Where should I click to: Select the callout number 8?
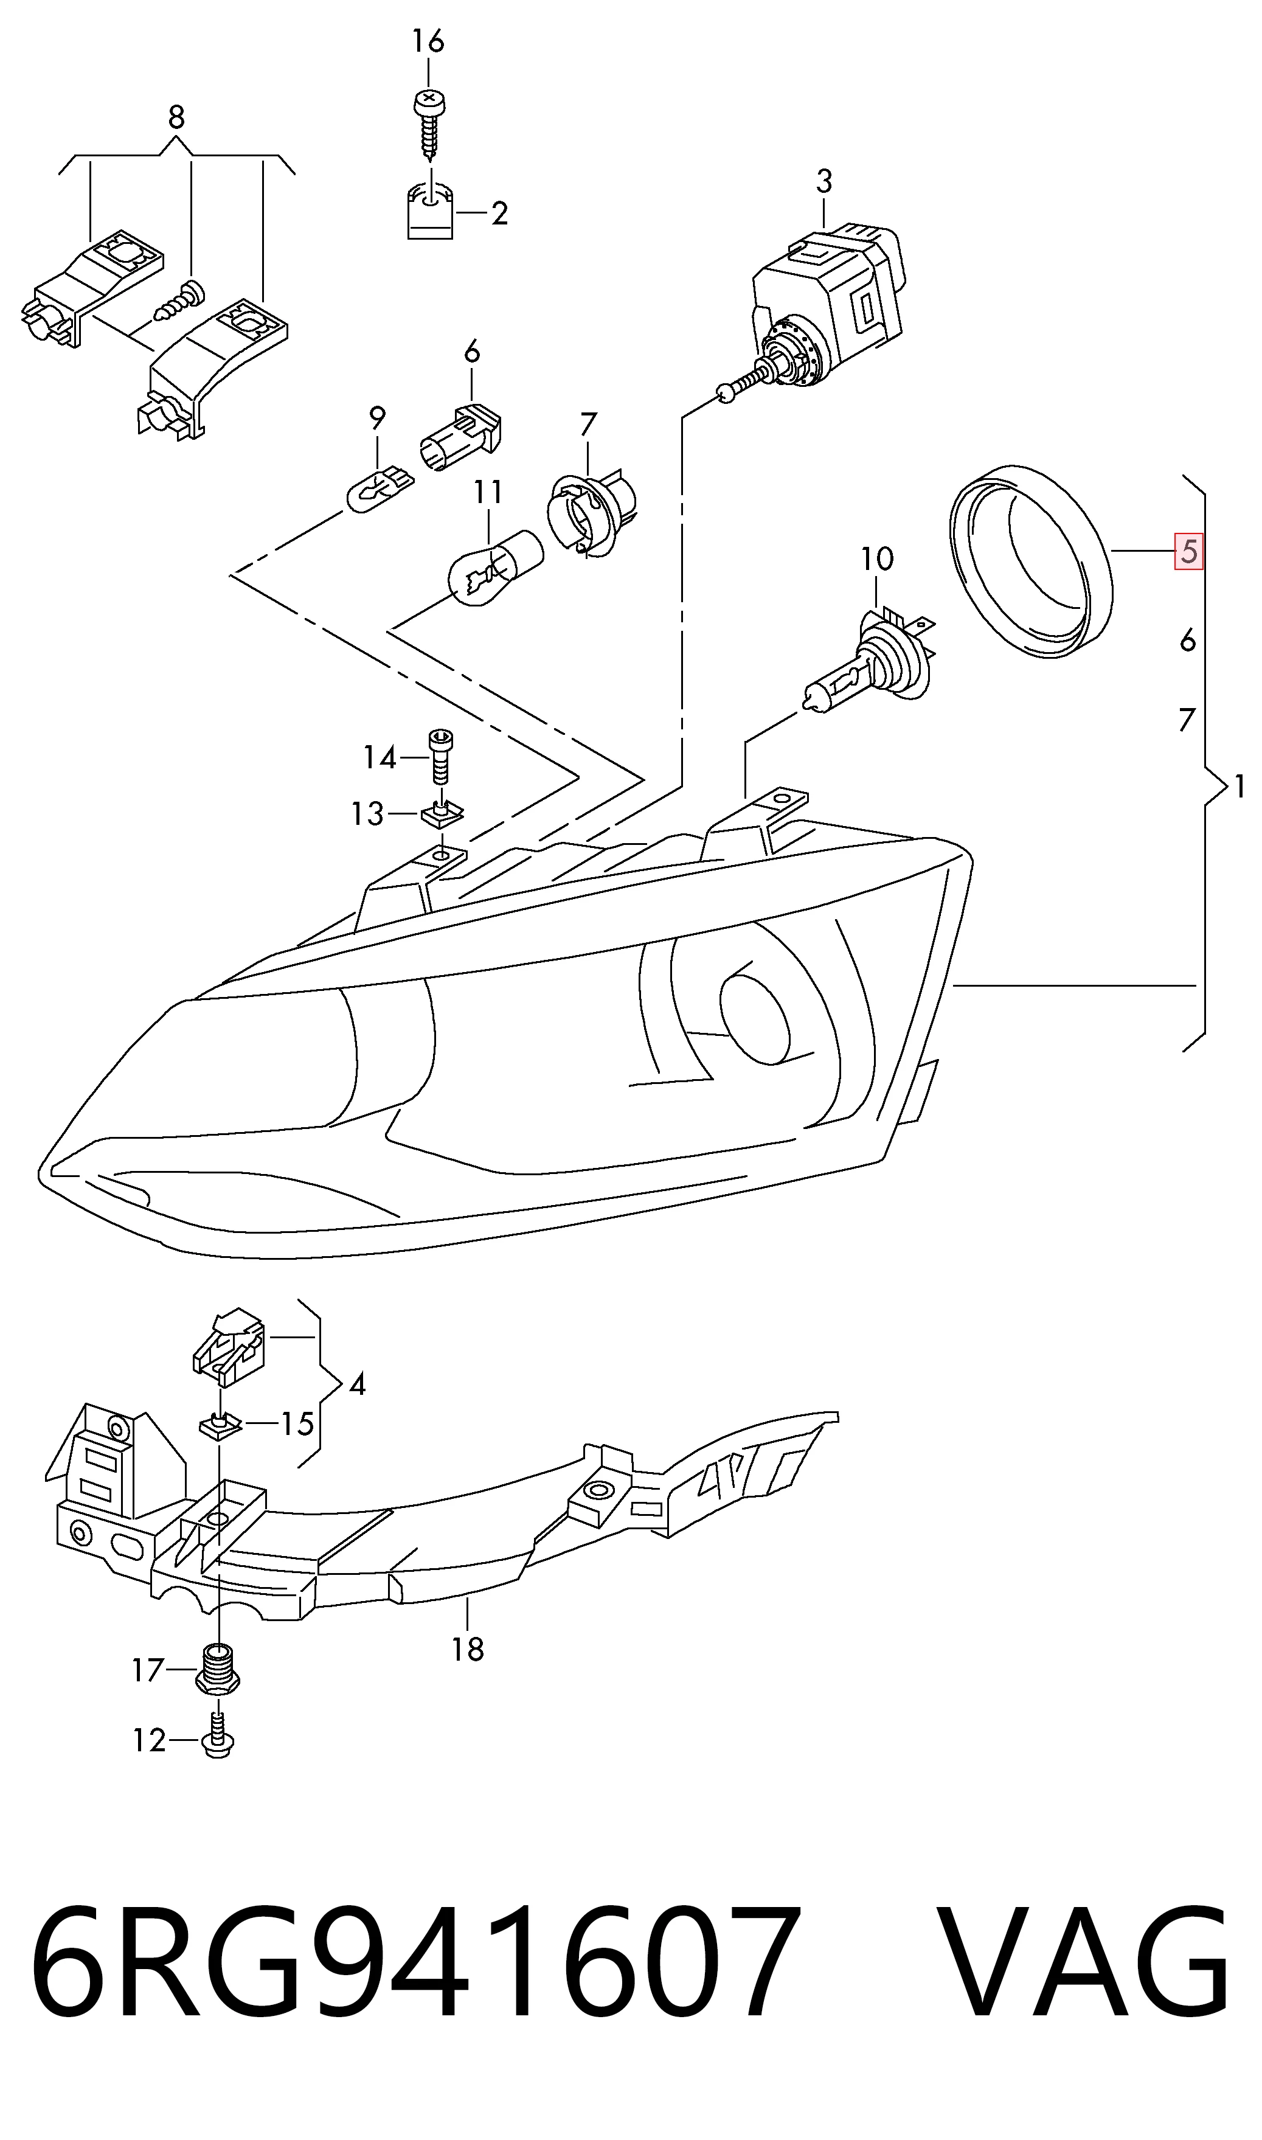[x=176, y=117]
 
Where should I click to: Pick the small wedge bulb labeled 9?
[x=378, y=488]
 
